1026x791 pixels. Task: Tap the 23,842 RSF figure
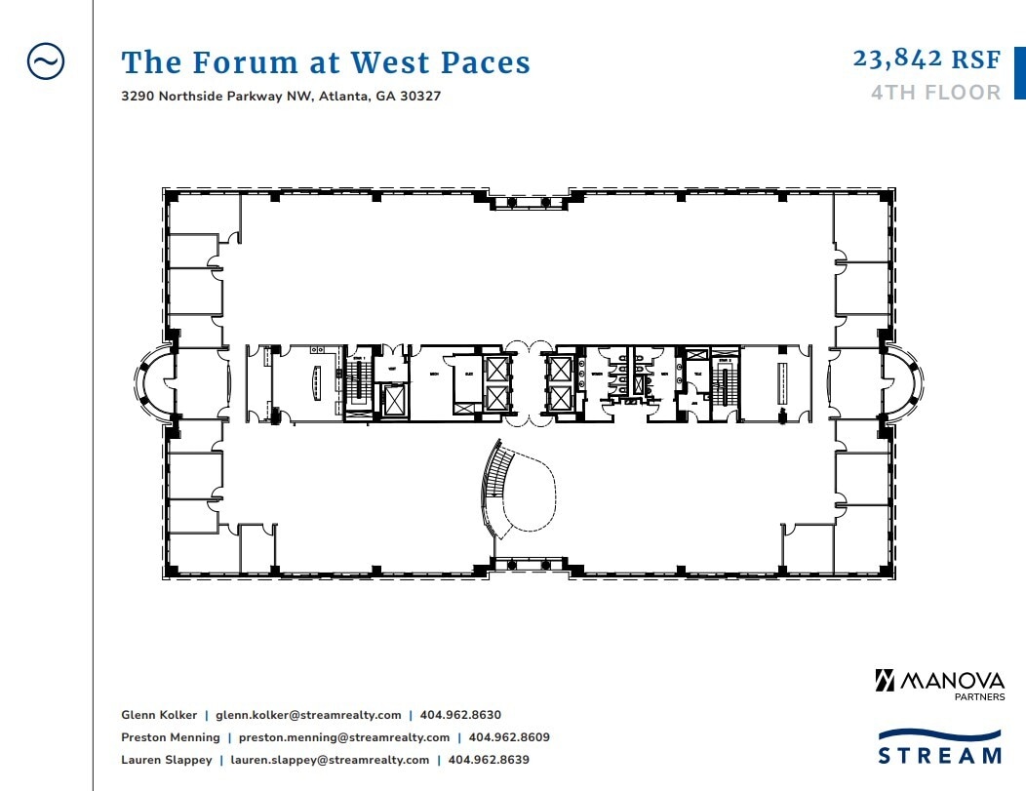pyautogui.click(x=927, y=59)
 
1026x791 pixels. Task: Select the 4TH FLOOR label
pyautogui.click(x=935, y=93)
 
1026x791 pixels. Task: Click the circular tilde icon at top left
pyautogui.click(x=46, y=61)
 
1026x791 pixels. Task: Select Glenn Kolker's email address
pyautogui.click(x=308, y=715)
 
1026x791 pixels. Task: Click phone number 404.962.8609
pyautogui.click(x=509, y=737)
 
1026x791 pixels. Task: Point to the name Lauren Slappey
pyautogui.click(x=166, y=760)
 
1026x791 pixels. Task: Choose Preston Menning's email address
pyautogui.click(x=344, y=737)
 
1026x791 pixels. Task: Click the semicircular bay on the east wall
pyautogui.click(x=906, y=383)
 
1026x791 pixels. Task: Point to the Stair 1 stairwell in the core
pyautogui.click(x=359, y=382)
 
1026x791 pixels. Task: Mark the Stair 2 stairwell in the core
pyautogui.click(x=724, y=382)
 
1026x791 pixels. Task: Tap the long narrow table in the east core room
pyautogui.click(x=780, y=382)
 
